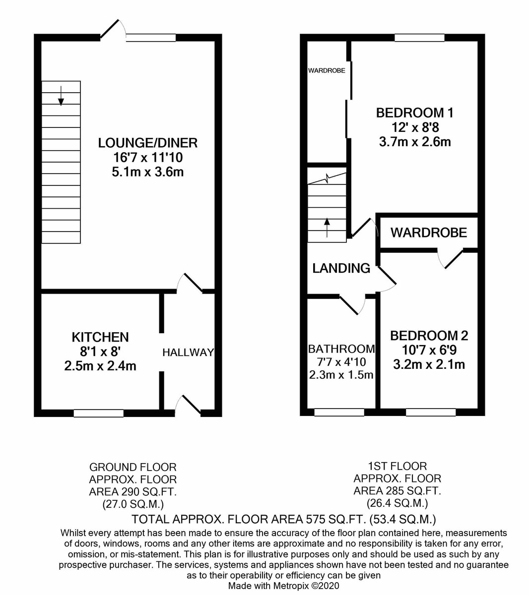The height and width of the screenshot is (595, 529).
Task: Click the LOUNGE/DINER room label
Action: (148, 143)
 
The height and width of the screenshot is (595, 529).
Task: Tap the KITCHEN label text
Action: (100, 337)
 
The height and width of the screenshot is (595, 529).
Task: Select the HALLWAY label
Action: (188, 353)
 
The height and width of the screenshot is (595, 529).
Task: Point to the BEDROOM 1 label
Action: (415, 113)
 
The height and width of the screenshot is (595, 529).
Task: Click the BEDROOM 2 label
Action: (429, 336)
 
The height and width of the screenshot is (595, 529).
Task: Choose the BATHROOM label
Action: (341, 349)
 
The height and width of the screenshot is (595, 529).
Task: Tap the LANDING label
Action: (341, 268)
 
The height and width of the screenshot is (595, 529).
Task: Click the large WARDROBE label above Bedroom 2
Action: (429, 233)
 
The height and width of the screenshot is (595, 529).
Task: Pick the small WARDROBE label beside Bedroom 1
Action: (327, 71)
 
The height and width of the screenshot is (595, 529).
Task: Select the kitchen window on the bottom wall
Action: (99, 413)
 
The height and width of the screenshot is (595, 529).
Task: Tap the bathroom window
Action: (339, 412)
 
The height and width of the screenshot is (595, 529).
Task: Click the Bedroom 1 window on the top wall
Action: (419, 38)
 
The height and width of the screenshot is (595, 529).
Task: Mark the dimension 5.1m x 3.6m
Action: (148, 172)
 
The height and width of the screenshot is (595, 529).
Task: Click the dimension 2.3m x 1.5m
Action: (341, 375)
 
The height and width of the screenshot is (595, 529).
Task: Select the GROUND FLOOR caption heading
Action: (132, 467)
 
